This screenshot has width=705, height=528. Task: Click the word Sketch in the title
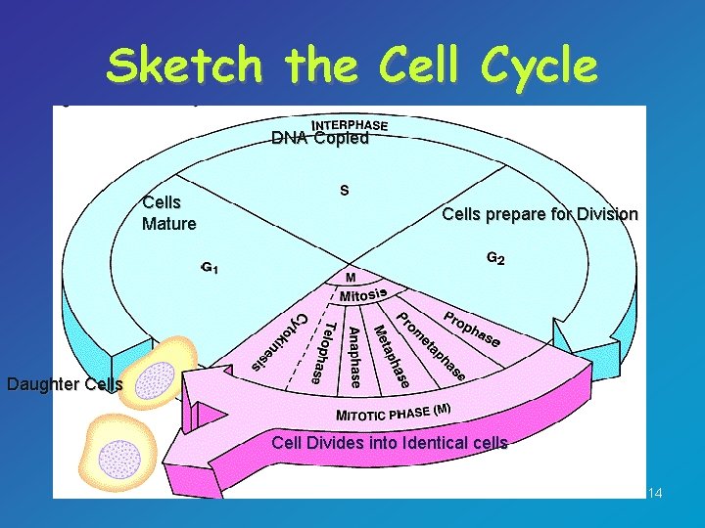(185, 66)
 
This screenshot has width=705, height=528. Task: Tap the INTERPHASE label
(349, 124)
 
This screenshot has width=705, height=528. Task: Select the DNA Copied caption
(320, 139)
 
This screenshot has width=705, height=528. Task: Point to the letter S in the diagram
(345, 190)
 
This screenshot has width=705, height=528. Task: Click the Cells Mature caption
(168, 213)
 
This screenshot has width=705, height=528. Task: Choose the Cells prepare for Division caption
(540, 214)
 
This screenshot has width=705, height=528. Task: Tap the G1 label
(210, 266)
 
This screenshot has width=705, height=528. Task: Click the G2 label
(495, 260)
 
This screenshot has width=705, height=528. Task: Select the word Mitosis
(363, 293)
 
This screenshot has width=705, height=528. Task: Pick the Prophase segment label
(472, 330)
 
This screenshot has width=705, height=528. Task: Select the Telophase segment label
(324, 351)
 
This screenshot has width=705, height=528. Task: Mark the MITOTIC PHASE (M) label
(393, 412)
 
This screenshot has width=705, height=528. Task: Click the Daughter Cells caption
(65, 384)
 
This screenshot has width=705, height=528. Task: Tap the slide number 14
(655, 493)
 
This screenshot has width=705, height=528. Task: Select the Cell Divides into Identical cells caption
(390, 443)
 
